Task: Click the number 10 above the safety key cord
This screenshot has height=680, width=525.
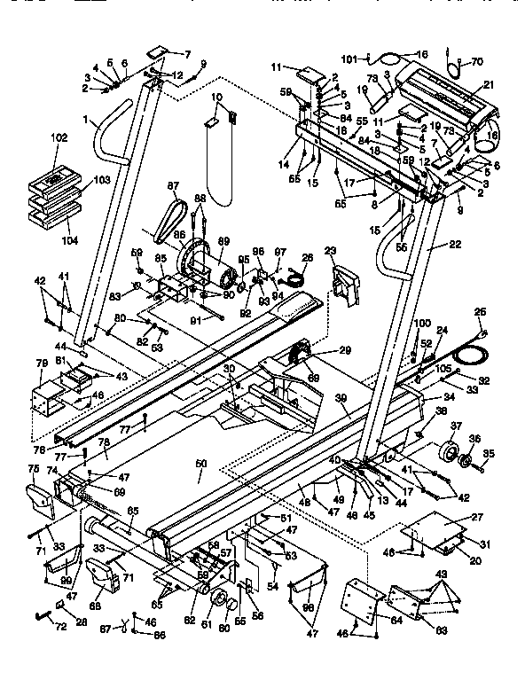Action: click(216, 96)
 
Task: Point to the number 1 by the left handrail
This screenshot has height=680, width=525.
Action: click(85, 119)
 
